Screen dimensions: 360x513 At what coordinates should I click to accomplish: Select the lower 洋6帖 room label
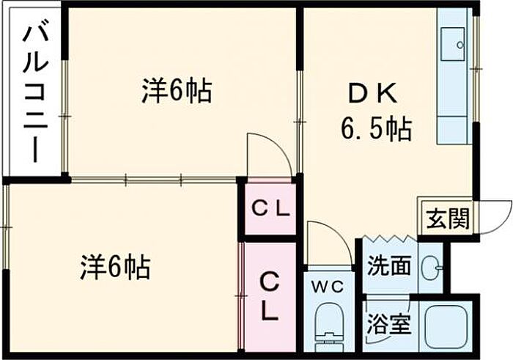[115, 266]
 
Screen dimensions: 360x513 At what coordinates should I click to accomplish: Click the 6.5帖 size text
[374, 131]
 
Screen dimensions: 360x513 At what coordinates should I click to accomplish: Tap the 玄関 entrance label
[446, 218]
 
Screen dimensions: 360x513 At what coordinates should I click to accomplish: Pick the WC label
[328, 287]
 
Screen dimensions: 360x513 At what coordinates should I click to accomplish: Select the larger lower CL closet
[269, 296]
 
